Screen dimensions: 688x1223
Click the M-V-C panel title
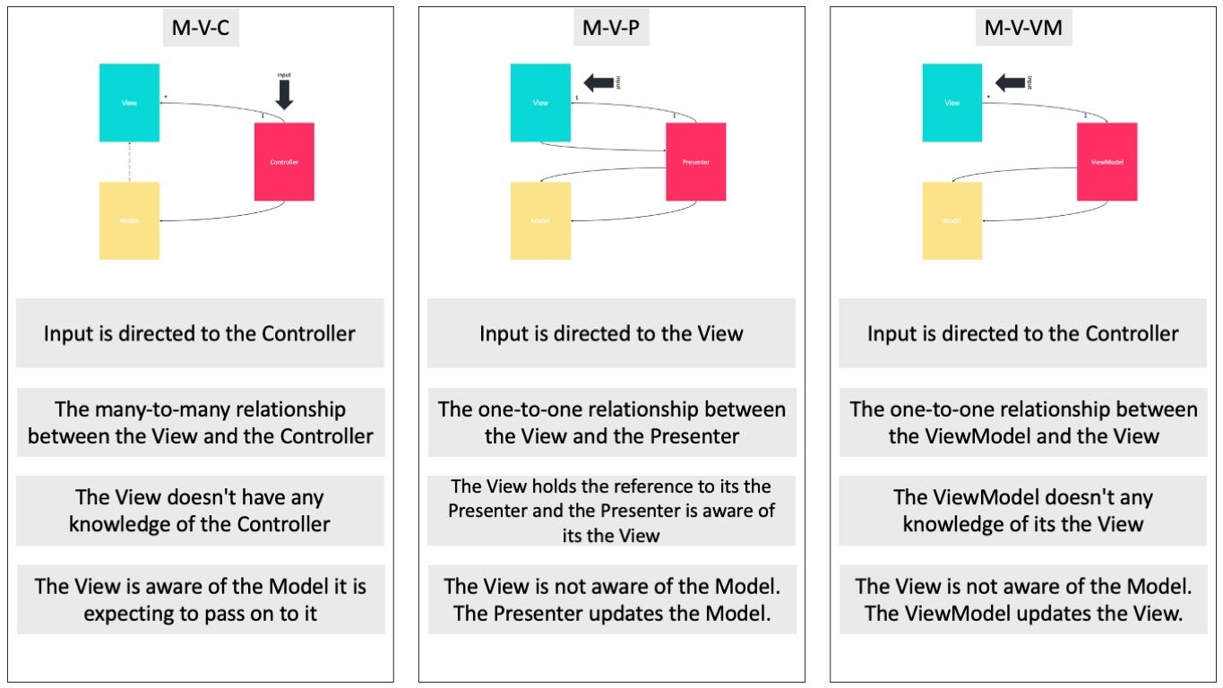click(201, 29)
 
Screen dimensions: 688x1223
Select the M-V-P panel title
click(611, 29)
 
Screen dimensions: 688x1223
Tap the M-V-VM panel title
click(1022, 29)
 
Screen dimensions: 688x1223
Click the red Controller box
click(284, 162)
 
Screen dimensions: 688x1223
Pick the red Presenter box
click(695, 162)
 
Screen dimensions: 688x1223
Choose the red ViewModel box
click(1107, 162)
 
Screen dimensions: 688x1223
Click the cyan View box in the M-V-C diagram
click(129, 103)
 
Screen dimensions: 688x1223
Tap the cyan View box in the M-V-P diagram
click(540, 103)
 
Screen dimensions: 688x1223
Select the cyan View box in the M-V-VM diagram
click(952, 103)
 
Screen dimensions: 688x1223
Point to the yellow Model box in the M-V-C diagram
click(129, 221)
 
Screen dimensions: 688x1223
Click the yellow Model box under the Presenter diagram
click(540, 221)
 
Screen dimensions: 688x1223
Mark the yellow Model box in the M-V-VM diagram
click(952, 221)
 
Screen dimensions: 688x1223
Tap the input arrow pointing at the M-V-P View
click(596, 83)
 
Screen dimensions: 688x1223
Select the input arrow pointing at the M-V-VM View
click(1009, 83)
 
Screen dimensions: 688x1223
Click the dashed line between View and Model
click(129, 162)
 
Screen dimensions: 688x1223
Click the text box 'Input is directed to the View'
click(611, 334)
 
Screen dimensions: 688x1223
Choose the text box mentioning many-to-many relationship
click(201, 423)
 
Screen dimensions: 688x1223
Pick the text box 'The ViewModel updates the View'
click(1023, 600)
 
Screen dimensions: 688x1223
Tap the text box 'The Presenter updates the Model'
click(611, 600)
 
